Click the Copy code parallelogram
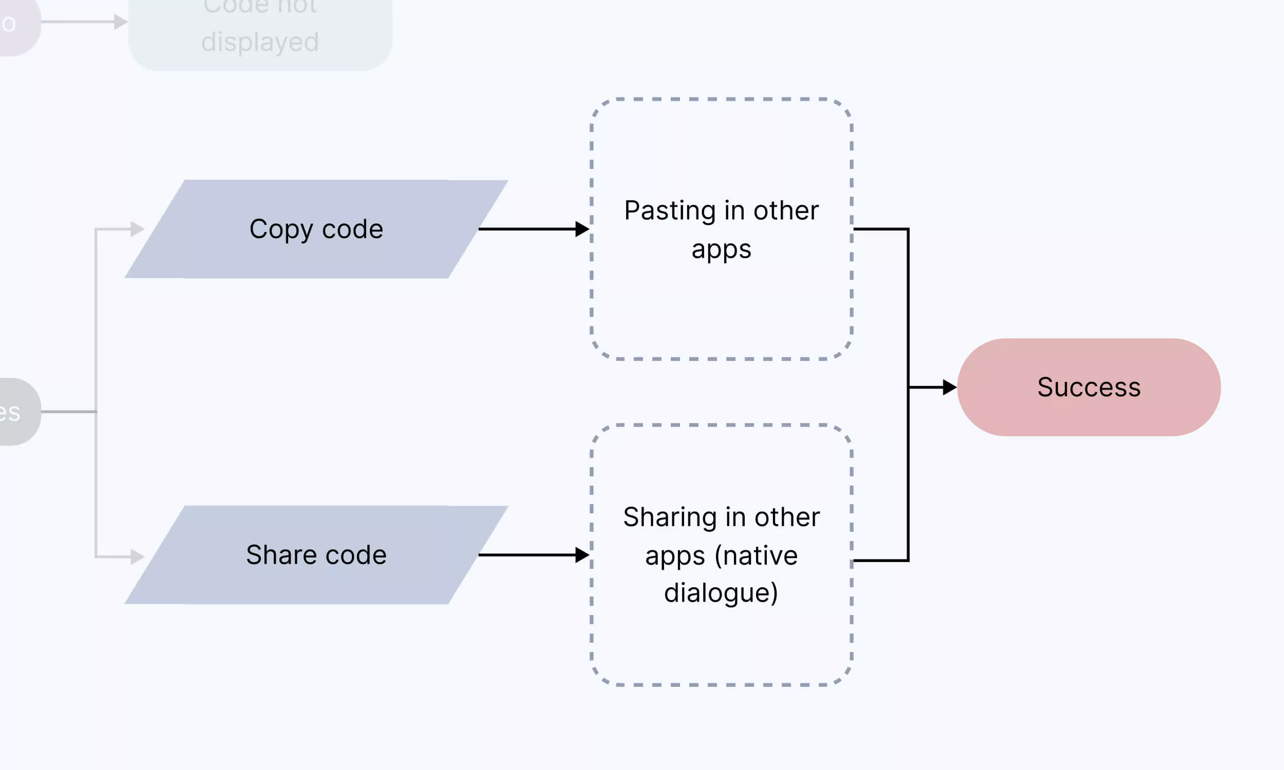pos(316,229)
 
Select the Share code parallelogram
pos(316,555)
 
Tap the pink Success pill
pos(1088,387)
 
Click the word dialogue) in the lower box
pos(721,592)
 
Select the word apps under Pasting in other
pos(721,250)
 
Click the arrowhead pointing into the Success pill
pos(949,387)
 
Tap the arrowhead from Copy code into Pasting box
pos(582,229)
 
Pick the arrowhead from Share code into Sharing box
pos(582,555)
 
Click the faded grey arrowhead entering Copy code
pos(137,229)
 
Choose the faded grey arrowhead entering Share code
pos(137,557)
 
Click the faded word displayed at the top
pos(260,42)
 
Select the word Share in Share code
pos(281,555)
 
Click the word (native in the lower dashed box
pos(756,556)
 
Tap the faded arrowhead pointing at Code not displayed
pos(121,22)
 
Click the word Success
pos(1088,387)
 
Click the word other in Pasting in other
pos(786,210)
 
